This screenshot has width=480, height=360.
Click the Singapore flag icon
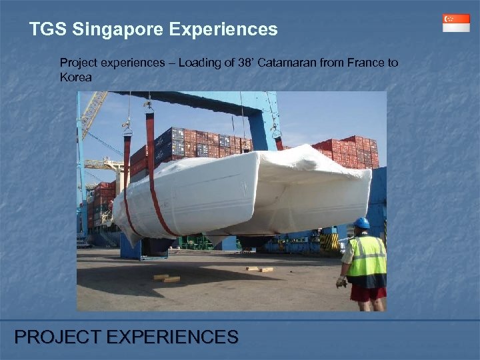point(456,23)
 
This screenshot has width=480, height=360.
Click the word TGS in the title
point(47,29)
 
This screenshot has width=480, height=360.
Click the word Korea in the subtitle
point(75,77)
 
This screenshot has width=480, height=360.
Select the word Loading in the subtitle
point(199,63)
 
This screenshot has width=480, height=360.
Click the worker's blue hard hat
point(362,223)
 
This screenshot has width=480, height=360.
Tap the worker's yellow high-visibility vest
point(366,257)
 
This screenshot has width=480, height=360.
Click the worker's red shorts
point(368,292)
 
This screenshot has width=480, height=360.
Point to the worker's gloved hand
point(341,282)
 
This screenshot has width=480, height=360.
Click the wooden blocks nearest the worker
point(259,269)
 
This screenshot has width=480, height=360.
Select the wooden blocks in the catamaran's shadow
point(166,278)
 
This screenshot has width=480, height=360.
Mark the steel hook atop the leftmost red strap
point(127,125)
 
